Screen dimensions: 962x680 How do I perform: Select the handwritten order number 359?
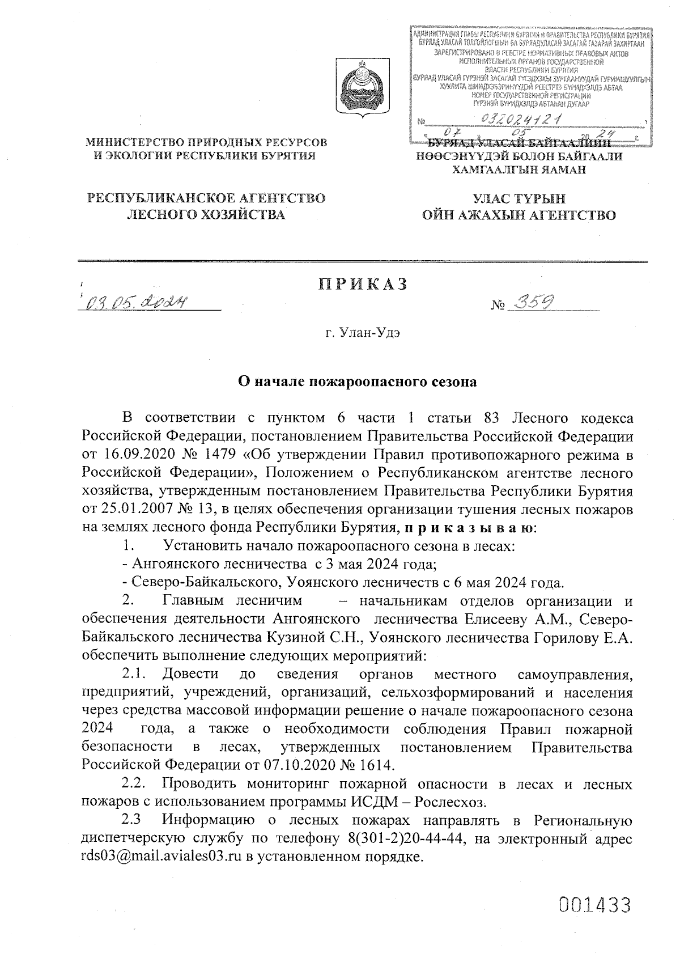531,304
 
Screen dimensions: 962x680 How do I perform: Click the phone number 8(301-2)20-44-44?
400,840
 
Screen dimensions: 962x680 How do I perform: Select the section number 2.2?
137,785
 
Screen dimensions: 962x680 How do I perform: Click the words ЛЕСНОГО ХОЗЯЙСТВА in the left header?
205,215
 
